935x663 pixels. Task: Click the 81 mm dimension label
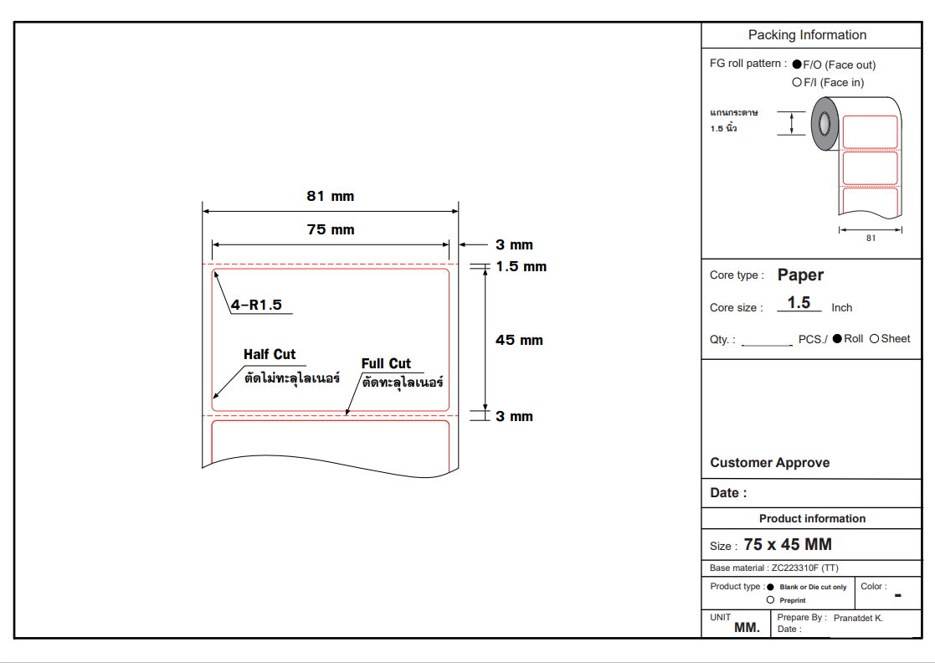(x=331, y=196)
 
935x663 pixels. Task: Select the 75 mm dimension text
(x=331, y=229)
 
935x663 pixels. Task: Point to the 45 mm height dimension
(x=519, y=340)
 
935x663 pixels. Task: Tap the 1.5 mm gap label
(x=521, y=266)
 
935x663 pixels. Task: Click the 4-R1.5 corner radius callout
(x=256, y=305)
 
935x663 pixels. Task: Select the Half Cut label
(x=270, y=354)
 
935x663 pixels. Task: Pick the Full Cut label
(x=386, y=363)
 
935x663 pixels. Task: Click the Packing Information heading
(x=808, y=35)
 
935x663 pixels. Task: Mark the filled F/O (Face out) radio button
(x=797, y=64)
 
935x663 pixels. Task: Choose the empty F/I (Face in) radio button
(x=797, y=82)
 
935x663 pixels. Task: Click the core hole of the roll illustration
(x=825, y=124)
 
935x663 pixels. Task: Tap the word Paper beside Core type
(x=800, y=275)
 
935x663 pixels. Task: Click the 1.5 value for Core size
(x=799, y=302)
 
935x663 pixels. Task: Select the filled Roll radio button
(x=837, y=339)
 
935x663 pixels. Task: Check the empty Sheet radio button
(x=874, y=339)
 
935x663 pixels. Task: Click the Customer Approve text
(x=770, y=463)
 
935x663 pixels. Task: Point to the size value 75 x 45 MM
(x=788, y=544)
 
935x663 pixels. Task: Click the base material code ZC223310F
(x=795, y=568)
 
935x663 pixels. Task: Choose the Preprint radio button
(x=770, y=600)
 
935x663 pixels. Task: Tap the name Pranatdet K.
(x=858, y=618)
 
